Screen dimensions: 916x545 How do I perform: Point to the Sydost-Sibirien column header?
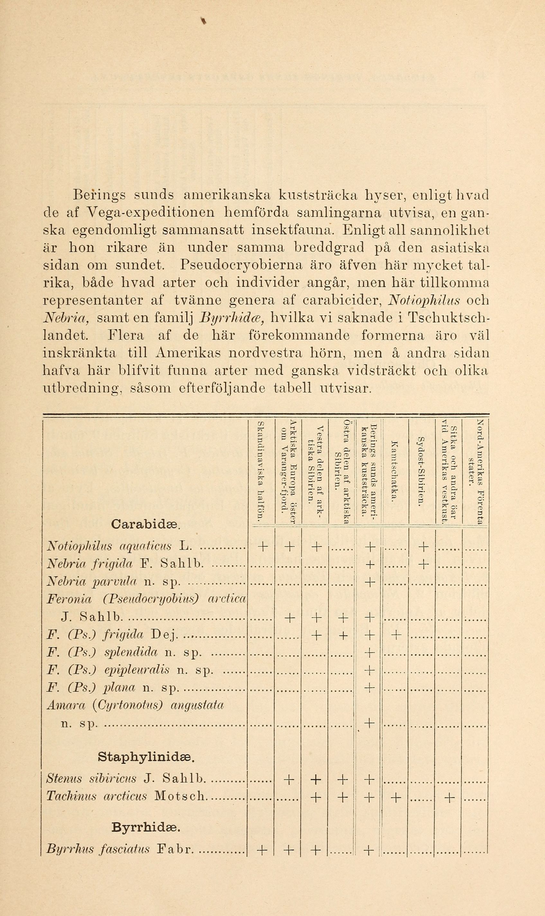tap(421, 471)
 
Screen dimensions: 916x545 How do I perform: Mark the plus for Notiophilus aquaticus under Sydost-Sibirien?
tap(423, 547)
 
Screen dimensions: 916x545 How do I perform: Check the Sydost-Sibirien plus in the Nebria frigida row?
tap(423, 564)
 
